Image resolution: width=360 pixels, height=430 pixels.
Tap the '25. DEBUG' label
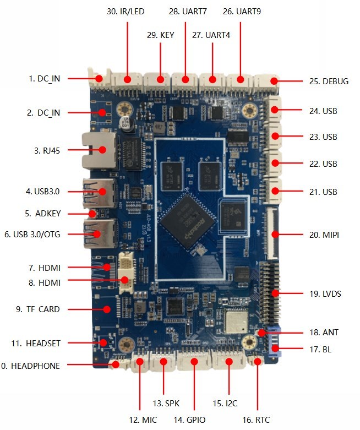tap(329, 81)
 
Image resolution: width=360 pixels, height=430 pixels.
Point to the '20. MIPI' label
tap(324, 235)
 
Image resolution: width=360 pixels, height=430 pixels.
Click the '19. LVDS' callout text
tap(325, 294)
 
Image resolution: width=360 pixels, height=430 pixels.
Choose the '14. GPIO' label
tap(190, 420)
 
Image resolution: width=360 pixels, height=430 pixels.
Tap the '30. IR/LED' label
tap(128, 12)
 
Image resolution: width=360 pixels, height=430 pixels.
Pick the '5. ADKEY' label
tap(43, 213)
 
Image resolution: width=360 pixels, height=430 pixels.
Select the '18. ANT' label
tap(324, 333)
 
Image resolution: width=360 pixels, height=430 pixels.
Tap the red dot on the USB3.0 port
tap(101, 192)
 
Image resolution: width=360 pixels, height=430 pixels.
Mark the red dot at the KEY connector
tap(161, 80)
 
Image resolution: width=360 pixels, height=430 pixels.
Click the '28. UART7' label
tap(185, 12)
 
